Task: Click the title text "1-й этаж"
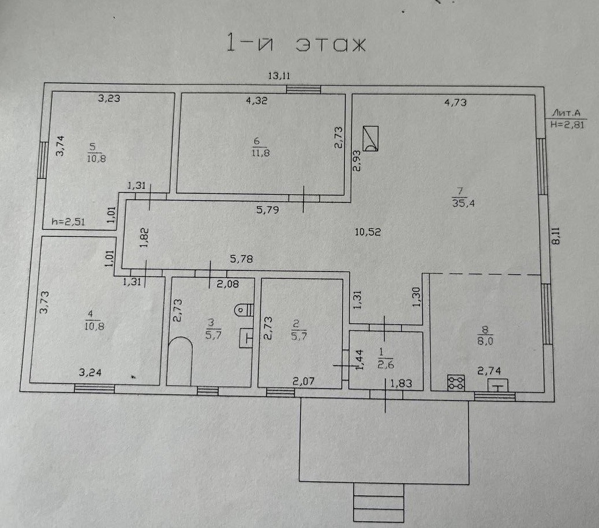pos(295,45)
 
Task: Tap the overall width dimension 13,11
pos(278,75)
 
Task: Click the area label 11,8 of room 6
pos(257,153)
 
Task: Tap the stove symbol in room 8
pos(456,383)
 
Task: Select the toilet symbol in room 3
pos(242,310)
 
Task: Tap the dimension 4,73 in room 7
pos(455,103)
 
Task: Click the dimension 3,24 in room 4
pos(89,372)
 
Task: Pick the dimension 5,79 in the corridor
pos(268,210)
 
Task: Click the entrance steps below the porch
pos(379,503)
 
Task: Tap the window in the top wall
pos(304,89)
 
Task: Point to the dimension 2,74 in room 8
pos(488,373)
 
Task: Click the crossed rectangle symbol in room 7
pos(370,138)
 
